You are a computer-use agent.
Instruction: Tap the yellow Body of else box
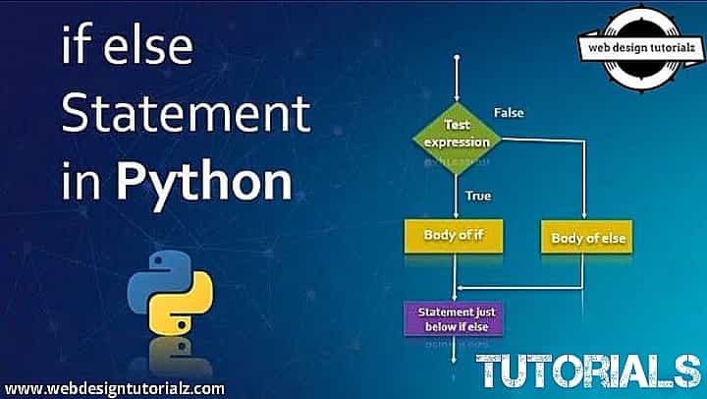point(587,238)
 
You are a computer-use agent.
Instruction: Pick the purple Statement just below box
point(455,317)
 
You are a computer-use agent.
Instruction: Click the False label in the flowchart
point(509,112)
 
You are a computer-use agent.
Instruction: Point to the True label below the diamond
point(478,195)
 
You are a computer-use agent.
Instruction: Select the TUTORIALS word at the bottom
point(588,370)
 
